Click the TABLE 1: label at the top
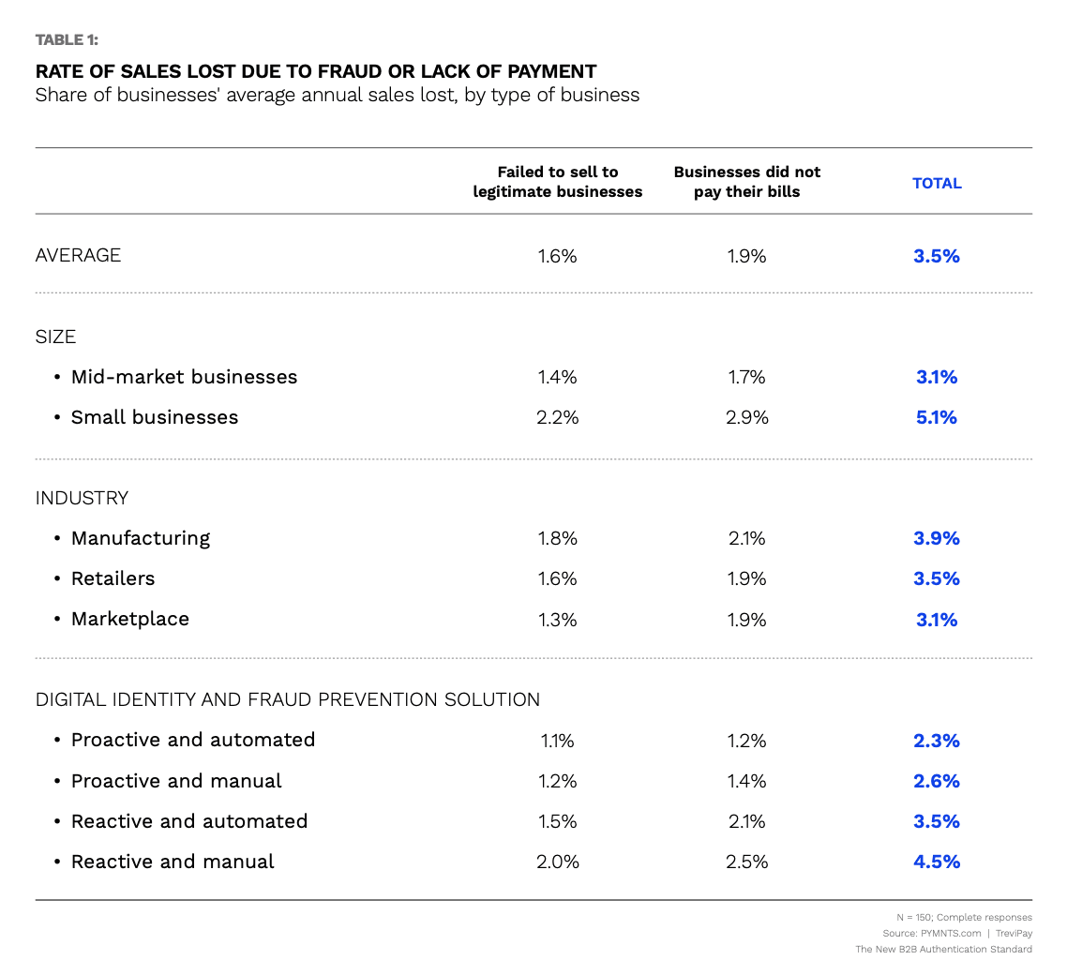pyautogui.click(x=67, y=39)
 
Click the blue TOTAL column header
pyautogui.click(x=937, y=183)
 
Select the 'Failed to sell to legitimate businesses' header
pyautogui.click(x=557, y=182)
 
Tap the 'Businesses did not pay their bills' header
pyautogui.click(x=746, y=182)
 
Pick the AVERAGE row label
pyautogui.click(x=78, y=255)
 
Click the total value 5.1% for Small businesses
pyautogui.click(x=937, y=417)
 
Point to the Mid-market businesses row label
pyautogui.click(x=184, y=377)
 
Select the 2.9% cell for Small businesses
pyautogui.click(x=746, y=417)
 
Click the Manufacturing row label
pyautogui.click(x=141, y=538)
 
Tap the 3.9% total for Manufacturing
pyautogui.click(x=937, y=538)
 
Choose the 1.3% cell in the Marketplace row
pyautogui.click(x=557, y=619)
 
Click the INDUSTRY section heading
pyautogui.click(x=82, y=498)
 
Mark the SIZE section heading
pyautogui.click(x=55, y=337)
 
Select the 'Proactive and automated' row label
pyautogui.click(x=193, y=740)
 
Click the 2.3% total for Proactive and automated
pyautogui.click(x=937, y=741)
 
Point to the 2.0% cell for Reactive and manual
pyautogui.click(x=557, y=862)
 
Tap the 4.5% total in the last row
pyautogui.click(x=937, y=862)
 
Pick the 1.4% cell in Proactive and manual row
pyautogui.click(x=746, y=781)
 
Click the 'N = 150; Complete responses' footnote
pyautogui.click(x=964, y=917)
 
